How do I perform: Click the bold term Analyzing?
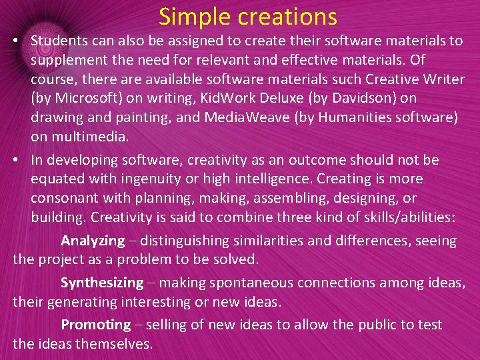pyautogui.click(x=93, y=241)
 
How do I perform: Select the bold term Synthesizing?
pyautogui.click(x=102, y=283)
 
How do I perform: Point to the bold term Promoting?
pyautogui.click(x=96, y=325)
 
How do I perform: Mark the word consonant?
pyautogui.click(x=63, y=199)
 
